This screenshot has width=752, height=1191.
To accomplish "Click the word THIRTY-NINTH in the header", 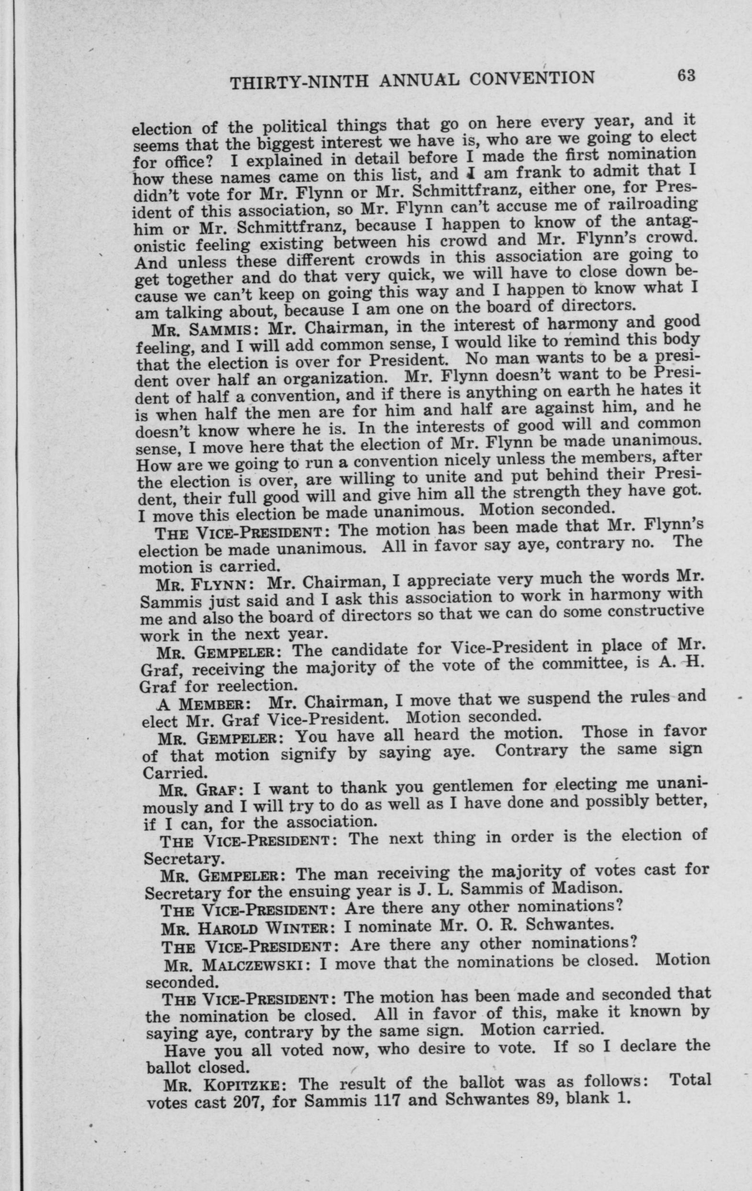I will pyautogui.click(x=299, y=83).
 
